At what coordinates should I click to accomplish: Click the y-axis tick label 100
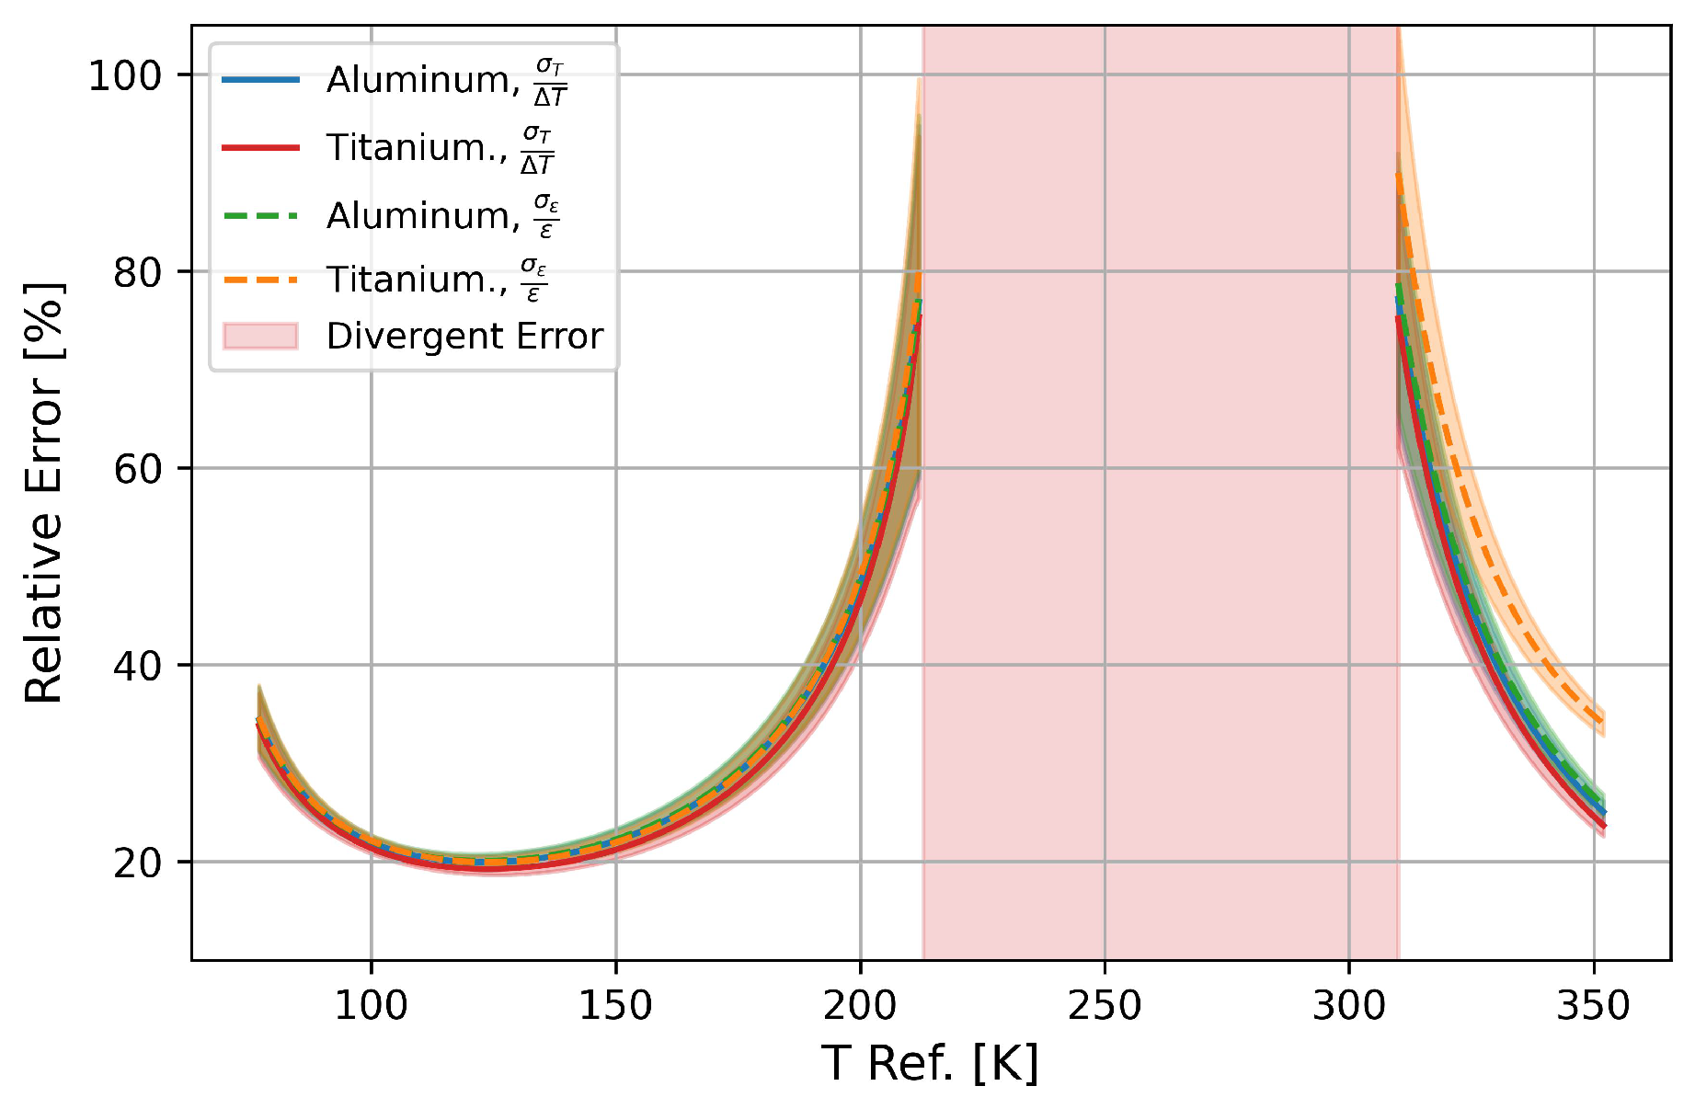coord(125,75)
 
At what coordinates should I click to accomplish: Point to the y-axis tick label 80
coord(138,272)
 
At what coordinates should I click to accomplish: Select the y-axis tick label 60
coord(138,469)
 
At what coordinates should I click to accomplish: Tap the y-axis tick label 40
coord(138,666)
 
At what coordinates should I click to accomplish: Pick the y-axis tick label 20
coord(138,863)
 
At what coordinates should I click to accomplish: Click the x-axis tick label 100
coord(371,1006)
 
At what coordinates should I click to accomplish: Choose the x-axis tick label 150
coord(615,1006)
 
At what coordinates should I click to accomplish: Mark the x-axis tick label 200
coord(860,1006)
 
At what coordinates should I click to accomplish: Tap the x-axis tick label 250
coord(1105,1006)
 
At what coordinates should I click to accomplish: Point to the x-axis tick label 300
coord(1349,1006)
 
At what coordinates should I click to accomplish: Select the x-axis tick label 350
coord(1593,1006)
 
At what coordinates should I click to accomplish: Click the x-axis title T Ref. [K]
coord(930,1064)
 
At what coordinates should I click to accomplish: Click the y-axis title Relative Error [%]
coord(44,493)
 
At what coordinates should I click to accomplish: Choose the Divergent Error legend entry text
coord(464,337)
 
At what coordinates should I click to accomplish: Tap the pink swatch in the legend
coord(260,337)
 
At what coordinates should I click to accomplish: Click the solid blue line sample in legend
coord(260,80)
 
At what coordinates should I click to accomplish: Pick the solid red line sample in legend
coord(260,147)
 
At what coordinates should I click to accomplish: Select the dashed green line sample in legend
coord(260,216)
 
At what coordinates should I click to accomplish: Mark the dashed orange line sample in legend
coord(260,280)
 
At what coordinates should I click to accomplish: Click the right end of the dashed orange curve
coord(1604,723)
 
